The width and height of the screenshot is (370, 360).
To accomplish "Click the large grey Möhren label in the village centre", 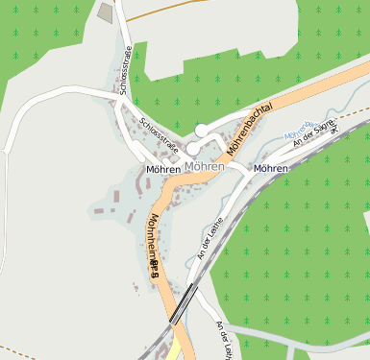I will point(203,167).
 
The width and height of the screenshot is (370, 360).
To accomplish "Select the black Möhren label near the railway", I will point(270,169).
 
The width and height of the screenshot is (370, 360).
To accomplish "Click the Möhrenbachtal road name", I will point(253,129).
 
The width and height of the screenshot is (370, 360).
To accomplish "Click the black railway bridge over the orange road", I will point(183,302).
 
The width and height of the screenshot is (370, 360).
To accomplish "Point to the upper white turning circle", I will point(201,130).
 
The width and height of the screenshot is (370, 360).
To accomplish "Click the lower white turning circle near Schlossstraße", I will point(192,149).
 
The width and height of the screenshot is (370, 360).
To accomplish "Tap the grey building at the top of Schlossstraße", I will point(105,12).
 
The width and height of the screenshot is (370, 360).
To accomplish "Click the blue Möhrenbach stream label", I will point(299,126).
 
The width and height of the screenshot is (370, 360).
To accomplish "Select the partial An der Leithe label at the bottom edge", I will point(224,340).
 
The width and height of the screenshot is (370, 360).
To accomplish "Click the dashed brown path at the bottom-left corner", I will point(14,348).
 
